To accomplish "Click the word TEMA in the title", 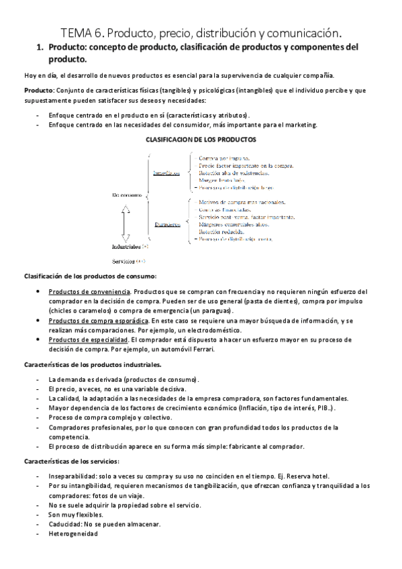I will pyautogui.click(x=73, y=32).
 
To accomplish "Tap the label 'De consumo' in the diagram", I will pyautogui.click(x=126, y=195).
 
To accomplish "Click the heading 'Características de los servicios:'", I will pyautogui.click(x=72, y=462).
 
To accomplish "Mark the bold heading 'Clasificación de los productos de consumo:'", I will pyautogui.click(x=90, y=277).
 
